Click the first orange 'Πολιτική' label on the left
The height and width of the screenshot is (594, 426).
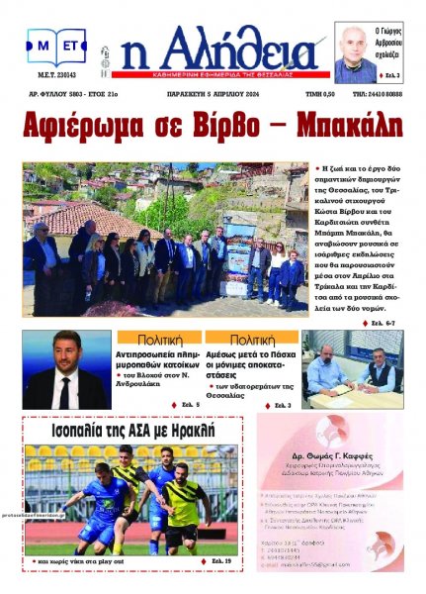[x=151, y=338]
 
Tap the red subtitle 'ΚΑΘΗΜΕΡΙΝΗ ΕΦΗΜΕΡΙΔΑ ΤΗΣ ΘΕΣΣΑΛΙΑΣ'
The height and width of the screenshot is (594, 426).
[x=211, y=72]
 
